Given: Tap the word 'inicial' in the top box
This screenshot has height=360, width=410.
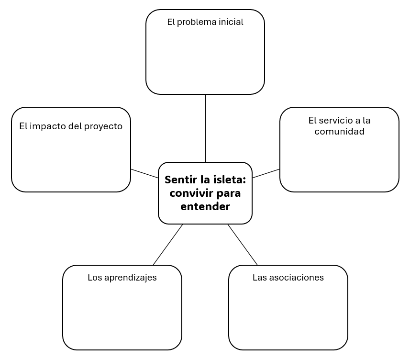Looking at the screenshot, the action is click(231, 22).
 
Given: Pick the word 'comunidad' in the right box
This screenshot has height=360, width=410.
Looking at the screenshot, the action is click(339, 131).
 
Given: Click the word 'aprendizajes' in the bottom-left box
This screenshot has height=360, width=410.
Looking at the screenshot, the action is click(131, 278).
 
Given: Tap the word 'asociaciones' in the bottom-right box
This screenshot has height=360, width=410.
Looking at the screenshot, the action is click(297, 277).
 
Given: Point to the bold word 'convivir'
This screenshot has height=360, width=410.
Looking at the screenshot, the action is click(190, 193).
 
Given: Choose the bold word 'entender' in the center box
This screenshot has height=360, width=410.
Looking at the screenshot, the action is click(205, 207).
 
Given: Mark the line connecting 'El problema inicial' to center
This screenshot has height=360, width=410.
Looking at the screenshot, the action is click(206, 128).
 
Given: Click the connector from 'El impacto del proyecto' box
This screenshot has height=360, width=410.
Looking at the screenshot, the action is click(144, 173).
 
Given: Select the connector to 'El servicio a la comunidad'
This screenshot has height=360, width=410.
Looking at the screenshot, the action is click(266, 173).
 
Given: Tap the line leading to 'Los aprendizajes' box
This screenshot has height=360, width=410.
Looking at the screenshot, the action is click(168, 245).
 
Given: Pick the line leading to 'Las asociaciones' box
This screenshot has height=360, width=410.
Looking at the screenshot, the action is click(243, 245).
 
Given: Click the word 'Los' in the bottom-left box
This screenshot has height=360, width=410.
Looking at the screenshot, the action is click(95, 277).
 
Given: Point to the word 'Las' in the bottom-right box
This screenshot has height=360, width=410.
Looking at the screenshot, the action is click(260, 277).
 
